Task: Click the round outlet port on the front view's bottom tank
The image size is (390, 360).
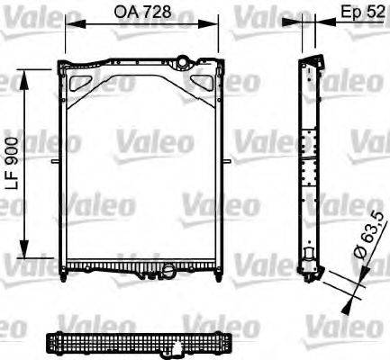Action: [x=167, y=267]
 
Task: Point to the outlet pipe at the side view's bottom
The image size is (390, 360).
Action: [x=309, y=266]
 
